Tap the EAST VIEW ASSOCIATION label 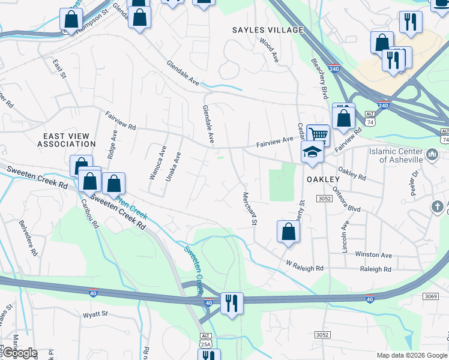pos(66,140)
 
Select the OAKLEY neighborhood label pos(324,179)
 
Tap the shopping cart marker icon pos(318,134)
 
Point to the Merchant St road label pos(249,208)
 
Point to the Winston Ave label pos(373,254)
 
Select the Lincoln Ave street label pos(345,236)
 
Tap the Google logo pos(19,353)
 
